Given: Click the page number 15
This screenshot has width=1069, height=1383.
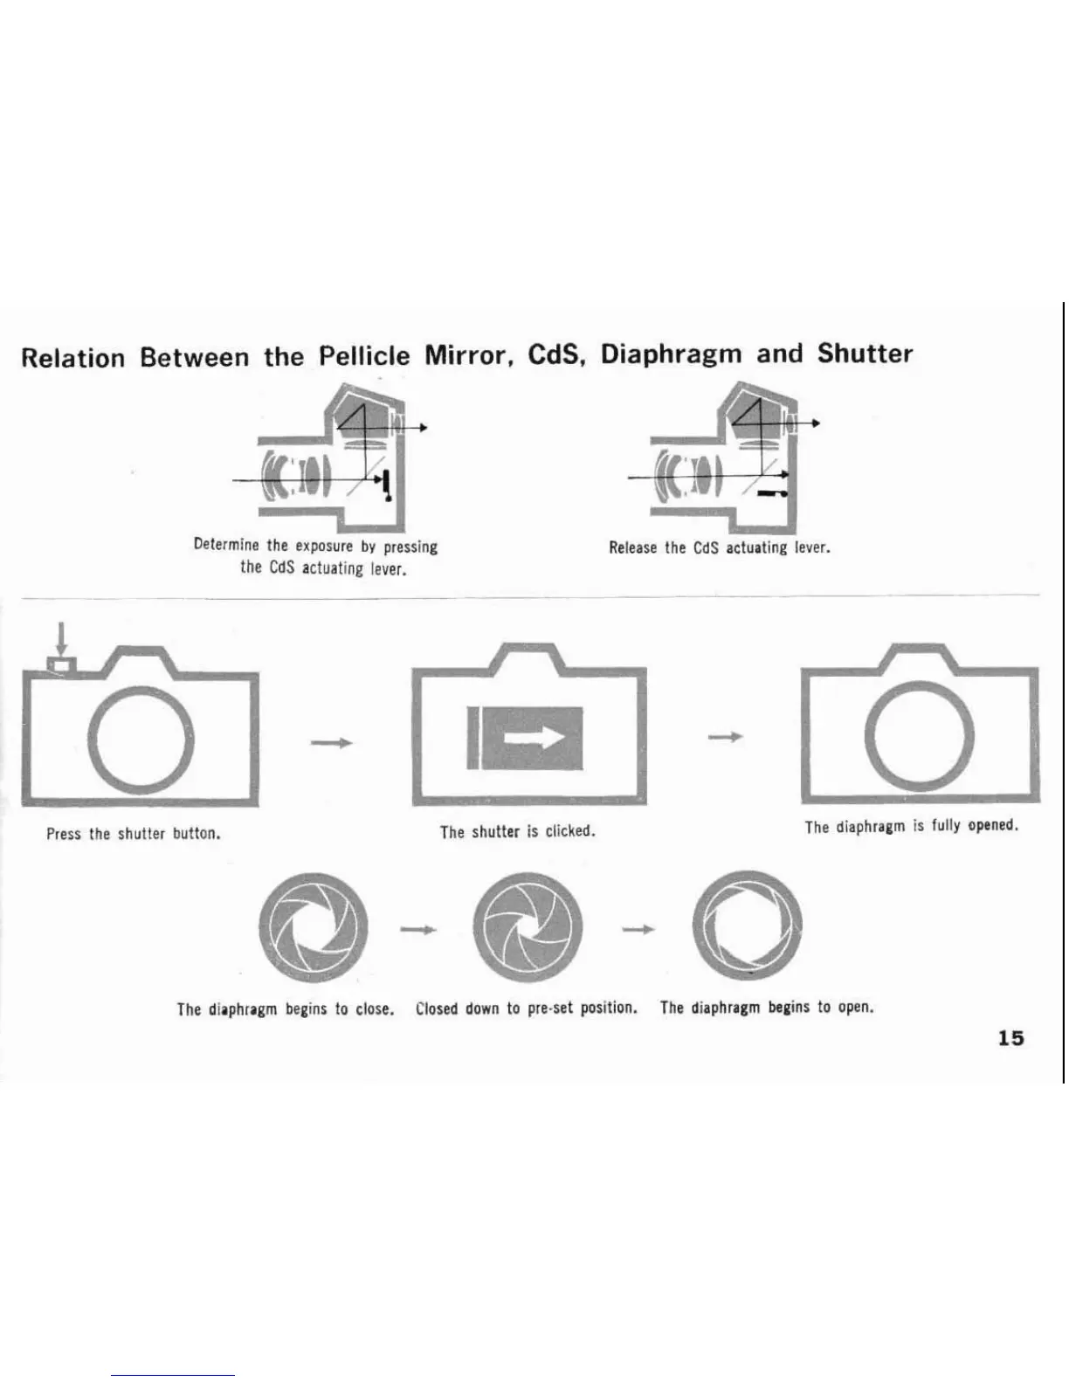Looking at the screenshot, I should tap(1010, 1038).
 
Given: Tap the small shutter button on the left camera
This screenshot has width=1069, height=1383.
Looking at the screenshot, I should tap(59, 665).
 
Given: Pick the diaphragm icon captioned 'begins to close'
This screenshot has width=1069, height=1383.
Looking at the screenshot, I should tap(314, 926).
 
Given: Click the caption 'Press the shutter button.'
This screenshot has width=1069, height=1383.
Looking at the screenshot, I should tap(133, 834).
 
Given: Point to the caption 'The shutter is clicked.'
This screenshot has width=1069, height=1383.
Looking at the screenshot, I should tap(517, 832).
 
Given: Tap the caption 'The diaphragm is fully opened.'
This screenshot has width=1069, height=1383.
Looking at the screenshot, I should tap(911, 826).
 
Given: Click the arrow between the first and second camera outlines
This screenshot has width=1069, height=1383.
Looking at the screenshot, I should tap(332, 742).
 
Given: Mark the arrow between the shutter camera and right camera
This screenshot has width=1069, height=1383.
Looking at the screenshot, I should tap(725, 738).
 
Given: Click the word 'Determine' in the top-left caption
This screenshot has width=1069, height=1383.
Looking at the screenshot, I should tap(226, 546).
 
